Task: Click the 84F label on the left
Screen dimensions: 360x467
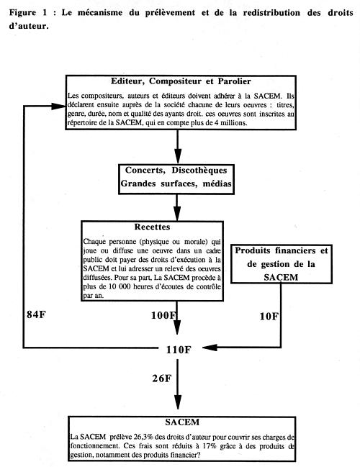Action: pyautogui.click(x=36, y=314)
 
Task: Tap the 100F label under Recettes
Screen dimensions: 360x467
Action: pyautogui.click(x=163, y=315)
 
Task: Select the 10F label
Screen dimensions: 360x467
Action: pyautogui.click(x=269, y=317)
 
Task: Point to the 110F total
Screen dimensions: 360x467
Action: pyautogui.click(x=179, y=350)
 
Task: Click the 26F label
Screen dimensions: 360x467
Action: pyautogui.click(x=162, y=378)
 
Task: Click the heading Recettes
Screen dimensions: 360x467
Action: pyautogui.click(x=153, y=227)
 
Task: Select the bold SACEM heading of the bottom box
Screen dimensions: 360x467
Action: pyautogui.click(x=182, y=422)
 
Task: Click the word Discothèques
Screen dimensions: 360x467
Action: pyautogui.click(x=199, y=171)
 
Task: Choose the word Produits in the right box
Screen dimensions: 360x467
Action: pyautogui.click(x=253, y=250)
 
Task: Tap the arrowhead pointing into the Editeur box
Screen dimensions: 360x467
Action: pyautogui.click(x=58, y=106)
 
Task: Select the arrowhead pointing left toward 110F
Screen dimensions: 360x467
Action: pyautogui.click(x=210, y=348)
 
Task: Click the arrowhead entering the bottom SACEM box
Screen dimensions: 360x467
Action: pyautogui.click(x=178, y=402)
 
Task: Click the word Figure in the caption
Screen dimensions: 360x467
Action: pyautogui.click(x=22, y=13)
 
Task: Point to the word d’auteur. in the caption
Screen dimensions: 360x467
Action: pyautogui.click(x=29, y=26)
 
